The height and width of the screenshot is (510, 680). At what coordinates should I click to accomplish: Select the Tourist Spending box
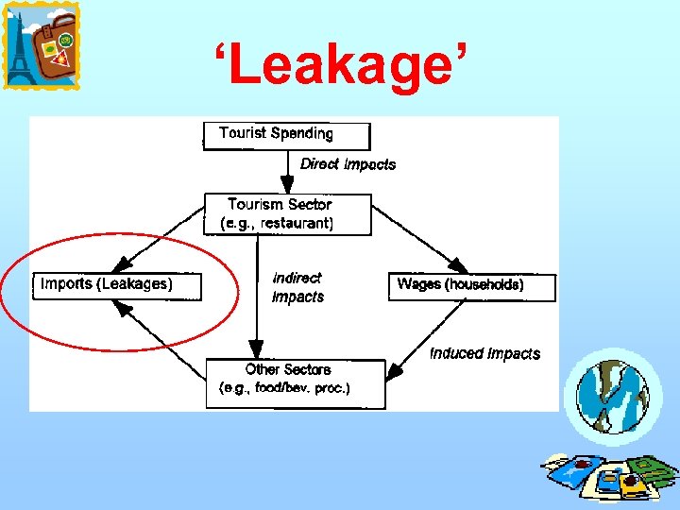[x=286, y=135]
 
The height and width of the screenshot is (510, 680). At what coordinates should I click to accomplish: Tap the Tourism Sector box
[x=288, y=214]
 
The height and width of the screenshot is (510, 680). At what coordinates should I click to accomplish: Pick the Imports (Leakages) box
[x=119, y=285]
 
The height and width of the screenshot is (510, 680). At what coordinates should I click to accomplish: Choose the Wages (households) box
[x=471, y=286]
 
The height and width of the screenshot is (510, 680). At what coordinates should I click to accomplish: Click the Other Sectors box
[x=295, y=382]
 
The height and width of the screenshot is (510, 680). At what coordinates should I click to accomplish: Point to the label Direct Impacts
[x=348, y=164]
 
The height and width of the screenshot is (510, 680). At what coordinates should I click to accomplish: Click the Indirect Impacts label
[x=297, y=287]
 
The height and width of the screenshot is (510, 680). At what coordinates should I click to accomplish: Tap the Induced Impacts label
[x=484, y=354]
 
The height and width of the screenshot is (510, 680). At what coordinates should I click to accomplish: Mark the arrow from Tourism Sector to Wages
[x=420, y=244]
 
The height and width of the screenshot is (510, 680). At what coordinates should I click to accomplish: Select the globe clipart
[x=613, y=395]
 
